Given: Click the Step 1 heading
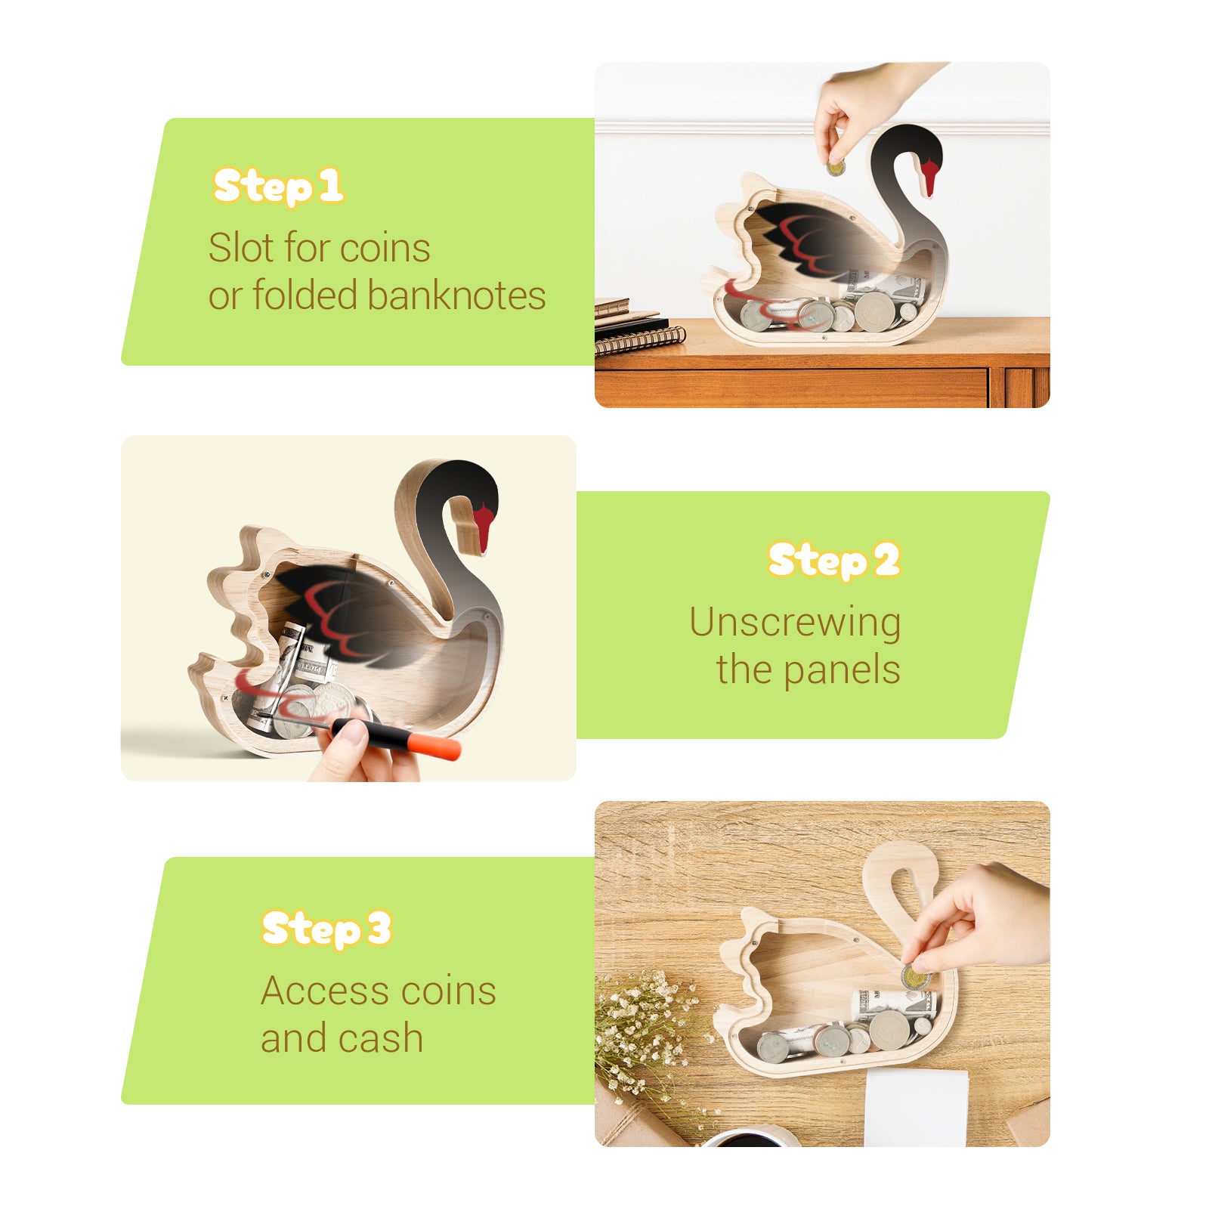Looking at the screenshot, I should click(x=278, y=187).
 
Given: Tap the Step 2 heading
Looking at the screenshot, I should click(x=833, y=561).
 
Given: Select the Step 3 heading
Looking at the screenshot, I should click(x=326, y=929).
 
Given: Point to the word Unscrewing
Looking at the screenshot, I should click(x=795, y=623).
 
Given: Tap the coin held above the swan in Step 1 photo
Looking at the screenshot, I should click(x=835, y=167).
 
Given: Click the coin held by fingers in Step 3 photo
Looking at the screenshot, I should click(x=914, y=979).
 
